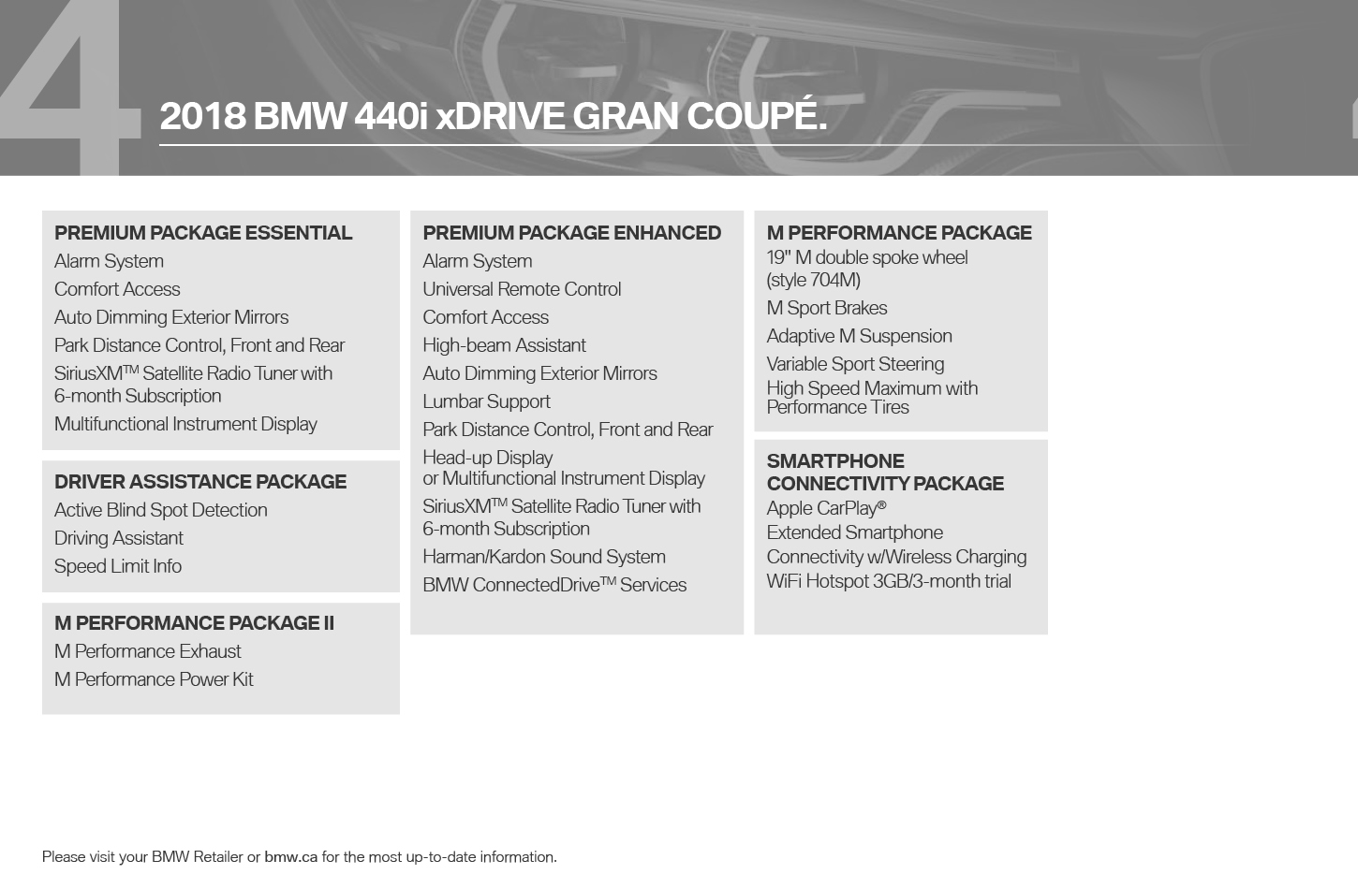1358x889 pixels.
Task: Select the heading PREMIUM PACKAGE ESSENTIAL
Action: pos(203,233)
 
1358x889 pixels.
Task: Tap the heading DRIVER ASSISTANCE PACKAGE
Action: pos(200,481)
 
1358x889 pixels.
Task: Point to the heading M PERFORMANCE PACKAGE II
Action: pos(194,622)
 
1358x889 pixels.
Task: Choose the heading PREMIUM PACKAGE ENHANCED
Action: pos(571,233)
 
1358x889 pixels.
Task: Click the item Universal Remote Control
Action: pos(522,289)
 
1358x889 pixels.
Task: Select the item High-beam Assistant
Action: pos(504,345)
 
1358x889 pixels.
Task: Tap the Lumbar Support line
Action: pos(486,401)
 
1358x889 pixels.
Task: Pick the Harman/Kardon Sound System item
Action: pos(544,557)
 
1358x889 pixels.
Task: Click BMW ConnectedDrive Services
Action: pos(554,584)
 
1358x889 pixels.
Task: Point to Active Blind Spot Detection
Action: pos(161,510)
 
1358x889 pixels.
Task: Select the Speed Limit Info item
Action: pos(118,565)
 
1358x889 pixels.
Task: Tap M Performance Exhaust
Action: pos(147,651)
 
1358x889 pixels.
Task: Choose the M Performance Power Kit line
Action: pos(154,678)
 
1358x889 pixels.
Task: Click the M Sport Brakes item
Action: pos(826,308)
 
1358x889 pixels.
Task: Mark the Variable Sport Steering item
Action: pos(855,364)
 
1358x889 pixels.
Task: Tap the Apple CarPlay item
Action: pos(826,508)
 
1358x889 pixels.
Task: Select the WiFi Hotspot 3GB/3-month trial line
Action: pos(888,581)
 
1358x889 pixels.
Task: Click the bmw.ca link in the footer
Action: pos(290,857)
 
